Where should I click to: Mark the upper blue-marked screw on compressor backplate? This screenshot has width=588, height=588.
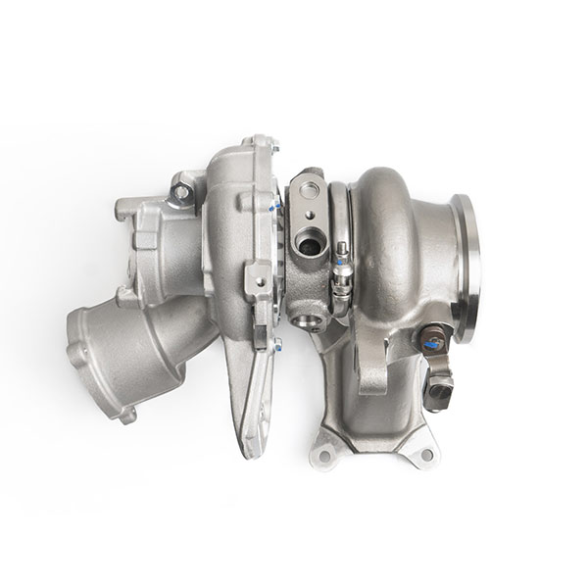click(x=275, y=205)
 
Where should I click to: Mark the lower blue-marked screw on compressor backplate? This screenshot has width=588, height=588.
click(x=275, y=343)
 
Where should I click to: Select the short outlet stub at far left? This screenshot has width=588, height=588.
click(x=123, y=211)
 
